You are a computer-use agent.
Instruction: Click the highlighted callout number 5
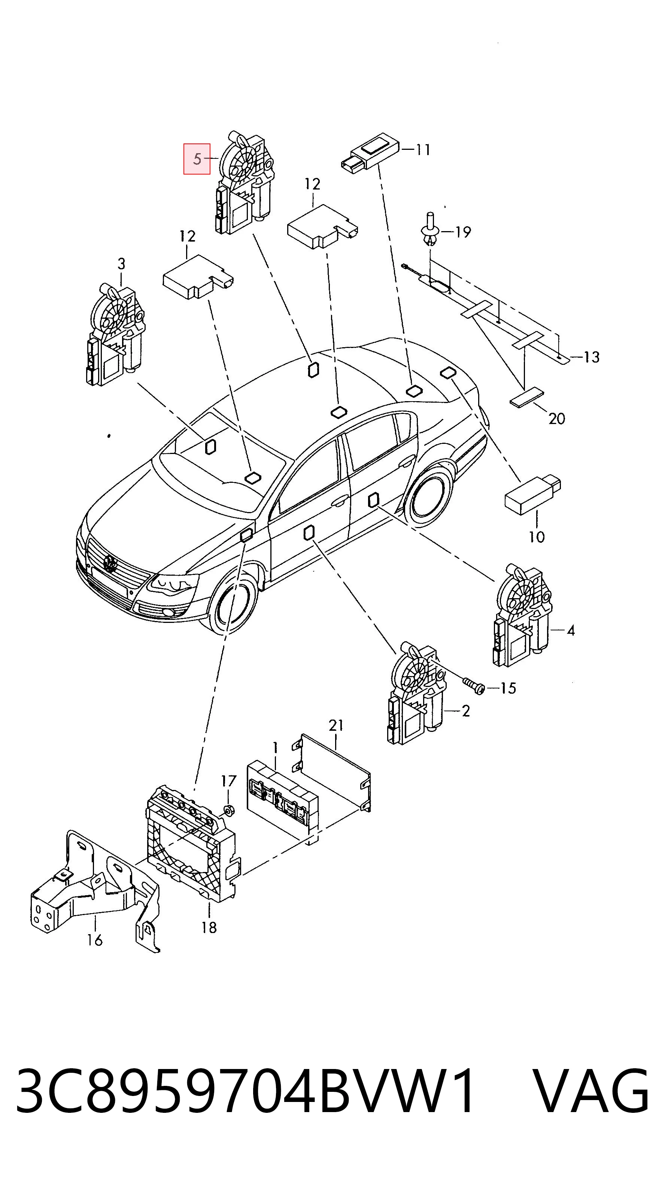coord(197,159)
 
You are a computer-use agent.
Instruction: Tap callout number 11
coord(423,149)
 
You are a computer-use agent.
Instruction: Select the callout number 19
coord(463,232)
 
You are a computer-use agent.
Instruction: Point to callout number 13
coord(592,357)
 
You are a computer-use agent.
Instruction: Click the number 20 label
coord(557,419)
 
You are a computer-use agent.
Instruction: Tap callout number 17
coord(229,781)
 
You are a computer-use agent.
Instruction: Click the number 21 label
coord(336,725)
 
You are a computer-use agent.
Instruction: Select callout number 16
coord(95,940)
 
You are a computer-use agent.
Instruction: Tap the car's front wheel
coord(233,604)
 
